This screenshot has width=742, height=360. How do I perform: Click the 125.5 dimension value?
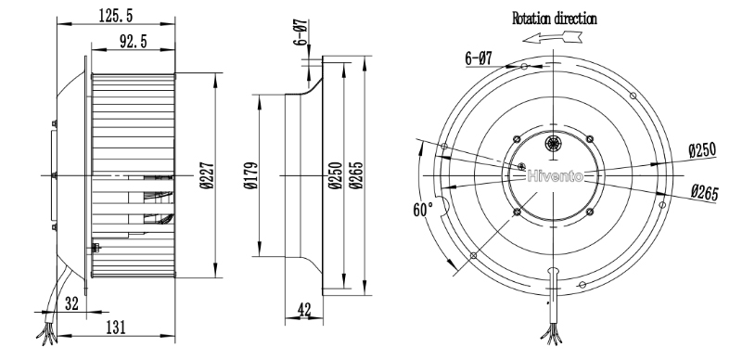coord(115,16)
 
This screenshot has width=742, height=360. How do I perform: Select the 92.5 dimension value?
coord(133,42)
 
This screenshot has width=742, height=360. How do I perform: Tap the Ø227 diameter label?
coord(207,175)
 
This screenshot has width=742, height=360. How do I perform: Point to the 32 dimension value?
coord(71,303)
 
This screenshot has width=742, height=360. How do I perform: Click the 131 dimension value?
coord(115,327)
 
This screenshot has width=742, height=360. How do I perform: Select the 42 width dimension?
coord(304,310)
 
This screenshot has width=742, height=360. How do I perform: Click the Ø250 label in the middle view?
coord(335,175)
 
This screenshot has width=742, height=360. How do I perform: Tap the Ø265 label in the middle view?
coord(356,175)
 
